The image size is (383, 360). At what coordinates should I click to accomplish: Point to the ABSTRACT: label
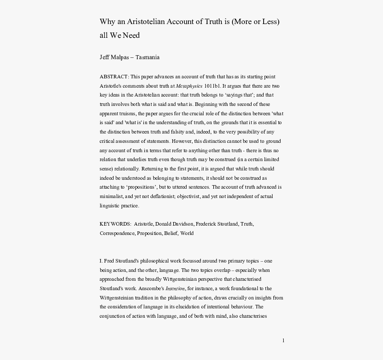click(x=114, y=77)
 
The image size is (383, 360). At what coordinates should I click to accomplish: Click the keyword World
click(x=187, y=233)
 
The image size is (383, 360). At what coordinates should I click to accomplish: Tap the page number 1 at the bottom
click(x=283, y=341)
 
